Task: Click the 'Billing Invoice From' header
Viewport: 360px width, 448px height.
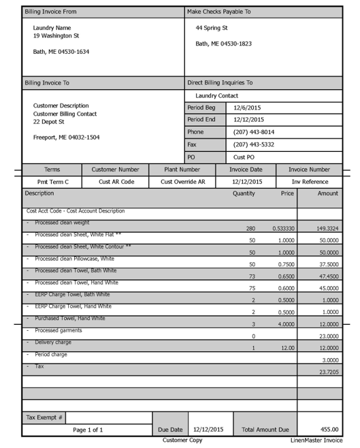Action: click(x=50, y=12)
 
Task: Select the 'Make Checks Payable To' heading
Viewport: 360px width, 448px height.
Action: click(x=218, y=12)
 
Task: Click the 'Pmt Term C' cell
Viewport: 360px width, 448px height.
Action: click(x=52, y=182)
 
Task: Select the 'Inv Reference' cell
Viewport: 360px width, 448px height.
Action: click(x=310, y=182)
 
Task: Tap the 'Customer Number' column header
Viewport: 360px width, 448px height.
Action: click(x=115, y=170)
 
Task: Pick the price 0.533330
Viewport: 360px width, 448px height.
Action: click(x=283, y=229)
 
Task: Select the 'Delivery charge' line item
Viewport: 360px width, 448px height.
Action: click(x=53, y=342)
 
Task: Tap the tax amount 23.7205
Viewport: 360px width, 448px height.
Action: click(x=327, y=372)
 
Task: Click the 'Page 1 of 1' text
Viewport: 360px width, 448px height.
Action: click(x=88, y=430)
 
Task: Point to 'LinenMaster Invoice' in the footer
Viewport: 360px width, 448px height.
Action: click(x=316, y=441)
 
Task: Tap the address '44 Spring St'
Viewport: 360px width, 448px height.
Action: click(x=211, y=28)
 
